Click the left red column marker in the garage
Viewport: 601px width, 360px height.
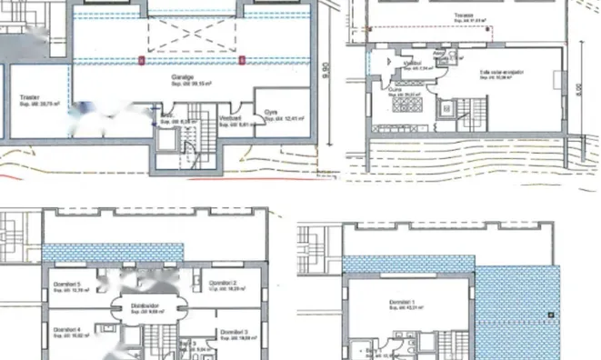pos(140,61)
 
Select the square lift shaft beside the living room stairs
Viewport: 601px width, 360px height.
pos(447,110)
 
